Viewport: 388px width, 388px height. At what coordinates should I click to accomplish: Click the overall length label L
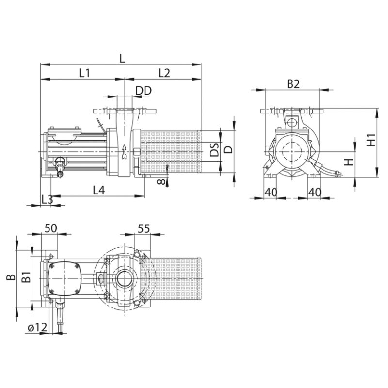[123, 59]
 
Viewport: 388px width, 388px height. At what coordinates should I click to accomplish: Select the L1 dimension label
[84, 73]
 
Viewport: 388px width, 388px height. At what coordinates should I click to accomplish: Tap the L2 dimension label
[164, 73]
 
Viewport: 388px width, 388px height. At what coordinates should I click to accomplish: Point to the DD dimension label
[144, 91]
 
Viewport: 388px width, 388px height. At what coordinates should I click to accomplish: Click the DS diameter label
[214, 149]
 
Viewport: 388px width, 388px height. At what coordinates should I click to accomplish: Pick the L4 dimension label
[99, 190]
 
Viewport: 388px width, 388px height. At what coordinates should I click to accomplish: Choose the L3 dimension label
[47, 199]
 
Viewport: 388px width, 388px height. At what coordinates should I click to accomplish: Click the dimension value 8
[161, 182]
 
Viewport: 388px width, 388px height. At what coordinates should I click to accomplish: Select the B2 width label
[293, 84]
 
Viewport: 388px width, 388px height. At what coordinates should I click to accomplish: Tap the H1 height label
[371, 140]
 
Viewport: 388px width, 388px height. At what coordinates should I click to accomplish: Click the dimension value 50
[51, 228]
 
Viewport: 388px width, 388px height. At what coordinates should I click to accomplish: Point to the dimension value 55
[144, 228]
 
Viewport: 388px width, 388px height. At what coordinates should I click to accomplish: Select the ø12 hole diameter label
[37, 328]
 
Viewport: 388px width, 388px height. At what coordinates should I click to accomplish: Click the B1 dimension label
[26, 277]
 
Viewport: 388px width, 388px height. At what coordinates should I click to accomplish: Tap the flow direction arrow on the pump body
[124, 151]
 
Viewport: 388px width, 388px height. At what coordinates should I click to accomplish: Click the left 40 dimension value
[271, 192]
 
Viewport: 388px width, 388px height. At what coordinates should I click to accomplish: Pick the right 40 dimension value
[315, 192]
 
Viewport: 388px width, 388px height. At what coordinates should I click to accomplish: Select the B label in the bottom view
[11, 277]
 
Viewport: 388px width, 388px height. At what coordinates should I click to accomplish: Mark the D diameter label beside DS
[229, 149]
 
